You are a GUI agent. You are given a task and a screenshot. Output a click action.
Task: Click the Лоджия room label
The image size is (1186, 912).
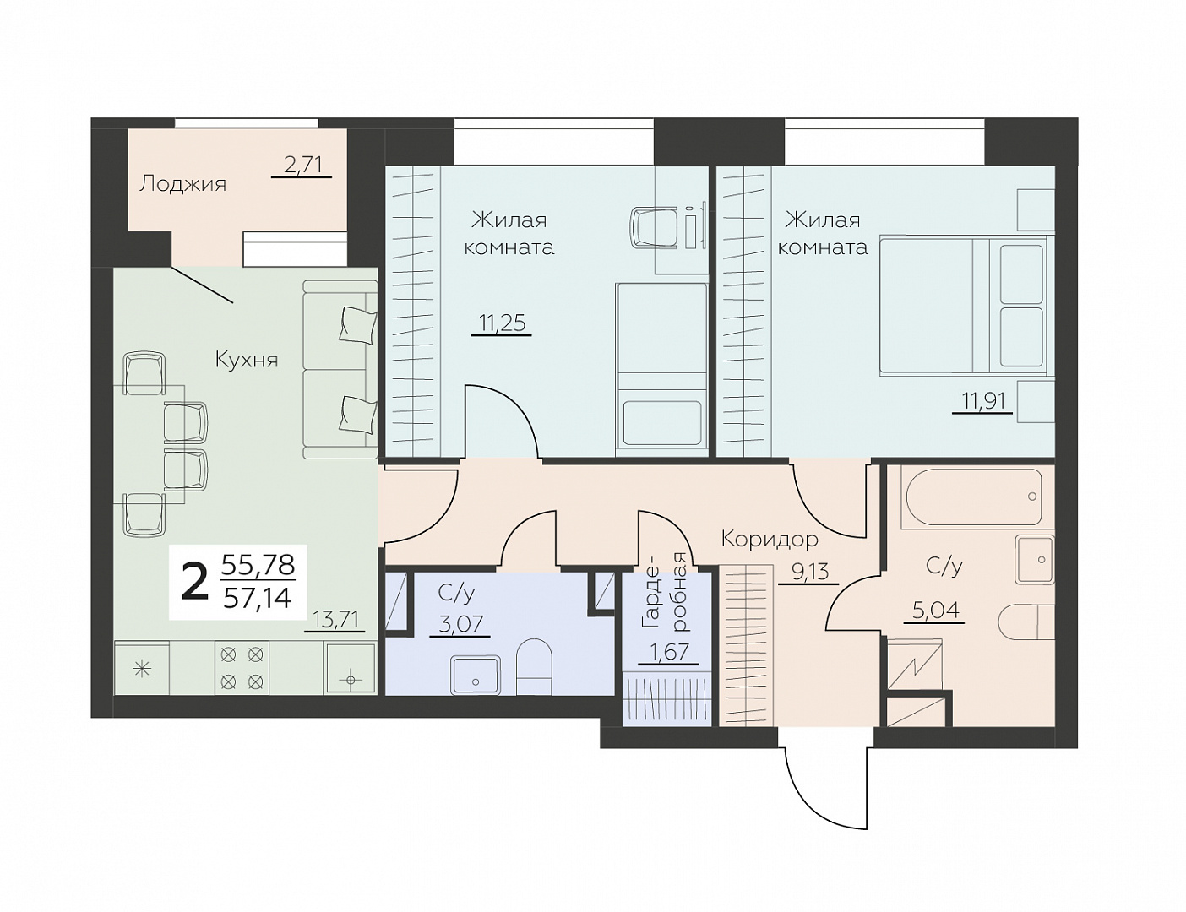(x=182, y=184)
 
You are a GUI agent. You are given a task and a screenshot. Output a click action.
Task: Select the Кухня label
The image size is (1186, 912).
(x=247, y=360)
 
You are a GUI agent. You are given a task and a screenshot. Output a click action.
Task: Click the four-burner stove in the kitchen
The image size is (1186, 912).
(x=242, y=668)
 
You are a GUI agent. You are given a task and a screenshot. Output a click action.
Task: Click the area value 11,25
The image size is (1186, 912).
(x=502, y=323)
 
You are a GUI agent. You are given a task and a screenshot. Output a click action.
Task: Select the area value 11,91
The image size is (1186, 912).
(x=983, y=401)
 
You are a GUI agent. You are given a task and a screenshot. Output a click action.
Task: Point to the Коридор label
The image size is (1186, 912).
(x=770, y=540)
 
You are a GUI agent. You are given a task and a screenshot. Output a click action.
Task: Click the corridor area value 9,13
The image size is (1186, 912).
(x=811, y=572)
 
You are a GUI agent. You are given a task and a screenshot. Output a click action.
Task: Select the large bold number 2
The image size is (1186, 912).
(x=194, y=582)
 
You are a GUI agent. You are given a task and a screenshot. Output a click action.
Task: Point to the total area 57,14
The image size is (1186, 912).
(x=258, y=598)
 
